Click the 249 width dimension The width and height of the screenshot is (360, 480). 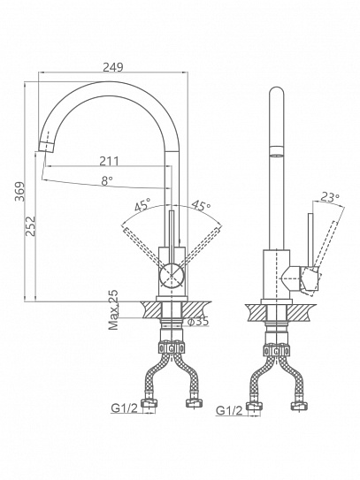pyautogui.click(x=112, y=67)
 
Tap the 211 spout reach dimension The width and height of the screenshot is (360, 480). pyautogui.click(x=109, y=161)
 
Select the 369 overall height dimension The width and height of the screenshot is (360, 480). pyautogui.click(x=20, y=192)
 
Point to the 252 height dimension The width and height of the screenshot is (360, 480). pyautogui.click(x=30, y=226)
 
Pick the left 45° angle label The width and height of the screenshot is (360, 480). pyautogui.click(x=142, y=204)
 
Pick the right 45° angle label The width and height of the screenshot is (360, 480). pyautogui.click(x=201, y=205)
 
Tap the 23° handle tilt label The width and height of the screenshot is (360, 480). pyautogui.click(x=330, y=197)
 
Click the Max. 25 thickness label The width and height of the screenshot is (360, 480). pyautogui.click(x=113, y=309)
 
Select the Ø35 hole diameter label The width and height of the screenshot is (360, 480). pyautogui.click(x=198, y=321)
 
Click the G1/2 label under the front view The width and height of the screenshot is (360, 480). pyautogui.click(x=125, y=408)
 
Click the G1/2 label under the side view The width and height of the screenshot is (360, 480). pyautogui.click(x=229, y=410)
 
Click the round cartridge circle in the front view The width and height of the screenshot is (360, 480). pyautogui.click(x=172, y=276)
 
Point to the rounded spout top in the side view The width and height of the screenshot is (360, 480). pyautogui.click(x=277, y=91)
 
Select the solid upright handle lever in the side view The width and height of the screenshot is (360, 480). pyautogui.click(x=310, y=240)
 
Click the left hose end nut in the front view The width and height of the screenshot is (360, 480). pyautogui.click(x=149, y=403)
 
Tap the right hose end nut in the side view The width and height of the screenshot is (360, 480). pyautogui.click(x=299, y=406)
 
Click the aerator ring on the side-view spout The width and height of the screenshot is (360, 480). pyautogui.click(x=277, y=151)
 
